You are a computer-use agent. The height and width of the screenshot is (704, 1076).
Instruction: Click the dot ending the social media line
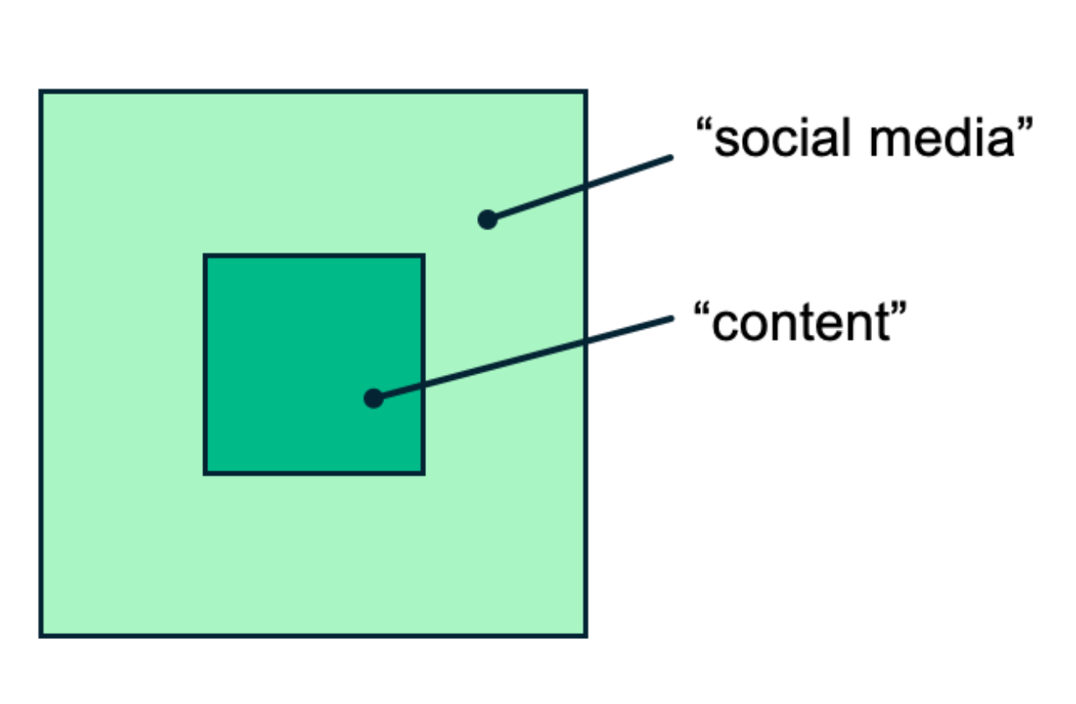pyautogui.click(x=487, y=220)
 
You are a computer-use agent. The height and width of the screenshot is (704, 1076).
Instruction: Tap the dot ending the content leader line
pyautogui.click(x=373, y=399)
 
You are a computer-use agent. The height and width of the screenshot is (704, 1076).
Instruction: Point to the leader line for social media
pyautogui.click(x=580, y=188)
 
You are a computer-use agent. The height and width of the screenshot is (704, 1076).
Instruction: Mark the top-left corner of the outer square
pyautogui.click(x=40, y=91)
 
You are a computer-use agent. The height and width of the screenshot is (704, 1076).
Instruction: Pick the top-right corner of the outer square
pyautogui.click(x=586, y=91)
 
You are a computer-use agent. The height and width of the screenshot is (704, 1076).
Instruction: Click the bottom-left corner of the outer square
pyautogui.click(x=40, y=636)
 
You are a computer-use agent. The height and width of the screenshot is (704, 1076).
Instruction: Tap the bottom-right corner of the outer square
pyautogui.click(x=586, y=636)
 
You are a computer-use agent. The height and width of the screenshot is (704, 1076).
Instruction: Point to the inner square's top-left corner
pyautogui.click(x=205, y=256)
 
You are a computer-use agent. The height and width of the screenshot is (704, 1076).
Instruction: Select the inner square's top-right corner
pyautogui.click(x=424, y=256)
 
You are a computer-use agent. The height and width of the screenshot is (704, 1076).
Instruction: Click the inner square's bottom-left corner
pyautogui.click(x=205, y=474)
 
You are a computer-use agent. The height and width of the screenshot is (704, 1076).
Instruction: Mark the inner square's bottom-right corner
pyautogui.click(x=424, y=474)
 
